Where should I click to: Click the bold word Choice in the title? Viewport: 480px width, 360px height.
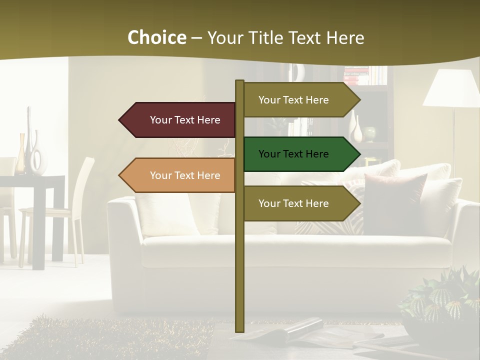click(156, 38)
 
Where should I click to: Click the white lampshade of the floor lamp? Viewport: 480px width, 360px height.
click(451, 89)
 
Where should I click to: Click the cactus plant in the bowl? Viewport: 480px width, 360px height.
click(440, 300)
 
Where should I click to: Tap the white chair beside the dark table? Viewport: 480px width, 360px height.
click(75, 210)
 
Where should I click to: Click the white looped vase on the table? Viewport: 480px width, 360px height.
click(36, 157)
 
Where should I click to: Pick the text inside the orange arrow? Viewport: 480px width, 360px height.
click(185, 175)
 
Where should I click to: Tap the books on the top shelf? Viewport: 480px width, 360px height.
click(365, 76)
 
